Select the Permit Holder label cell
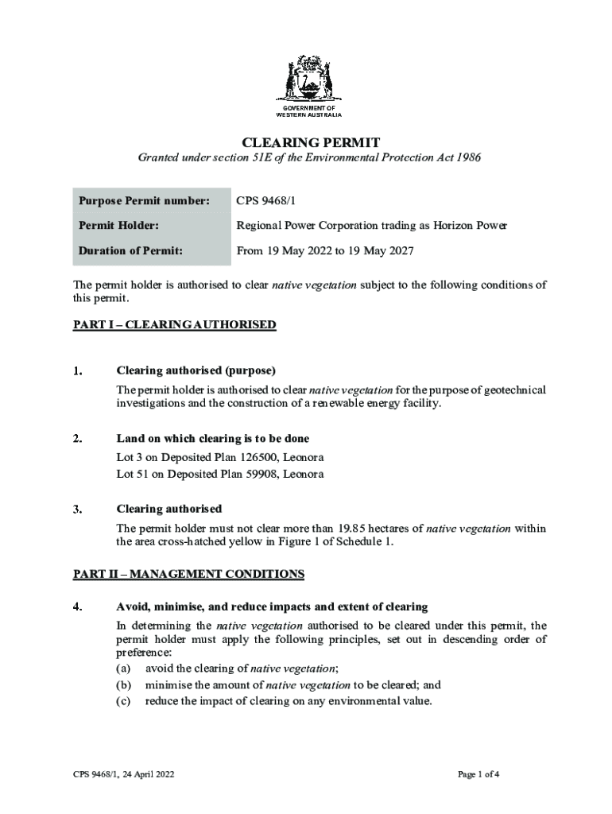pos(118,226)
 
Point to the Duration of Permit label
pos(130,250)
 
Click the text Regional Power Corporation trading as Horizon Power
pos(371,226)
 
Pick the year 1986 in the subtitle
pos(467,158)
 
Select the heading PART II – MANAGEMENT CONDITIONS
pos(188,573)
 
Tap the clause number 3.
pos(77,509)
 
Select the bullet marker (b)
pos(123,684)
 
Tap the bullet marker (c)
pos(123,700)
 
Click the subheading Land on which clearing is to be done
pos(212,439)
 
